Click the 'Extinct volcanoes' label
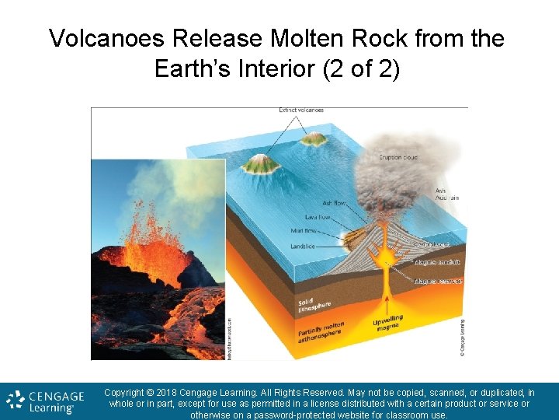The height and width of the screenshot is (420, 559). point(301,110)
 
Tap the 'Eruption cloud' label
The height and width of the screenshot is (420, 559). point(398,157)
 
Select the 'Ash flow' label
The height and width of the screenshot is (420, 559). point(335,203)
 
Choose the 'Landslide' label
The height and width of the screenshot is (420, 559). point(302,247)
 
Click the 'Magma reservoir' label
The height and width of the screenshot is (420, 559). point(439,281)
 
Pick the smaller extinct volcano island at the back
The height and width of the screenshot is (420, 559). point(314,138)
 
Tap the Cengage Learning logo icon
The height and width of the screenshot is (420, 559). point(16,401)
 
